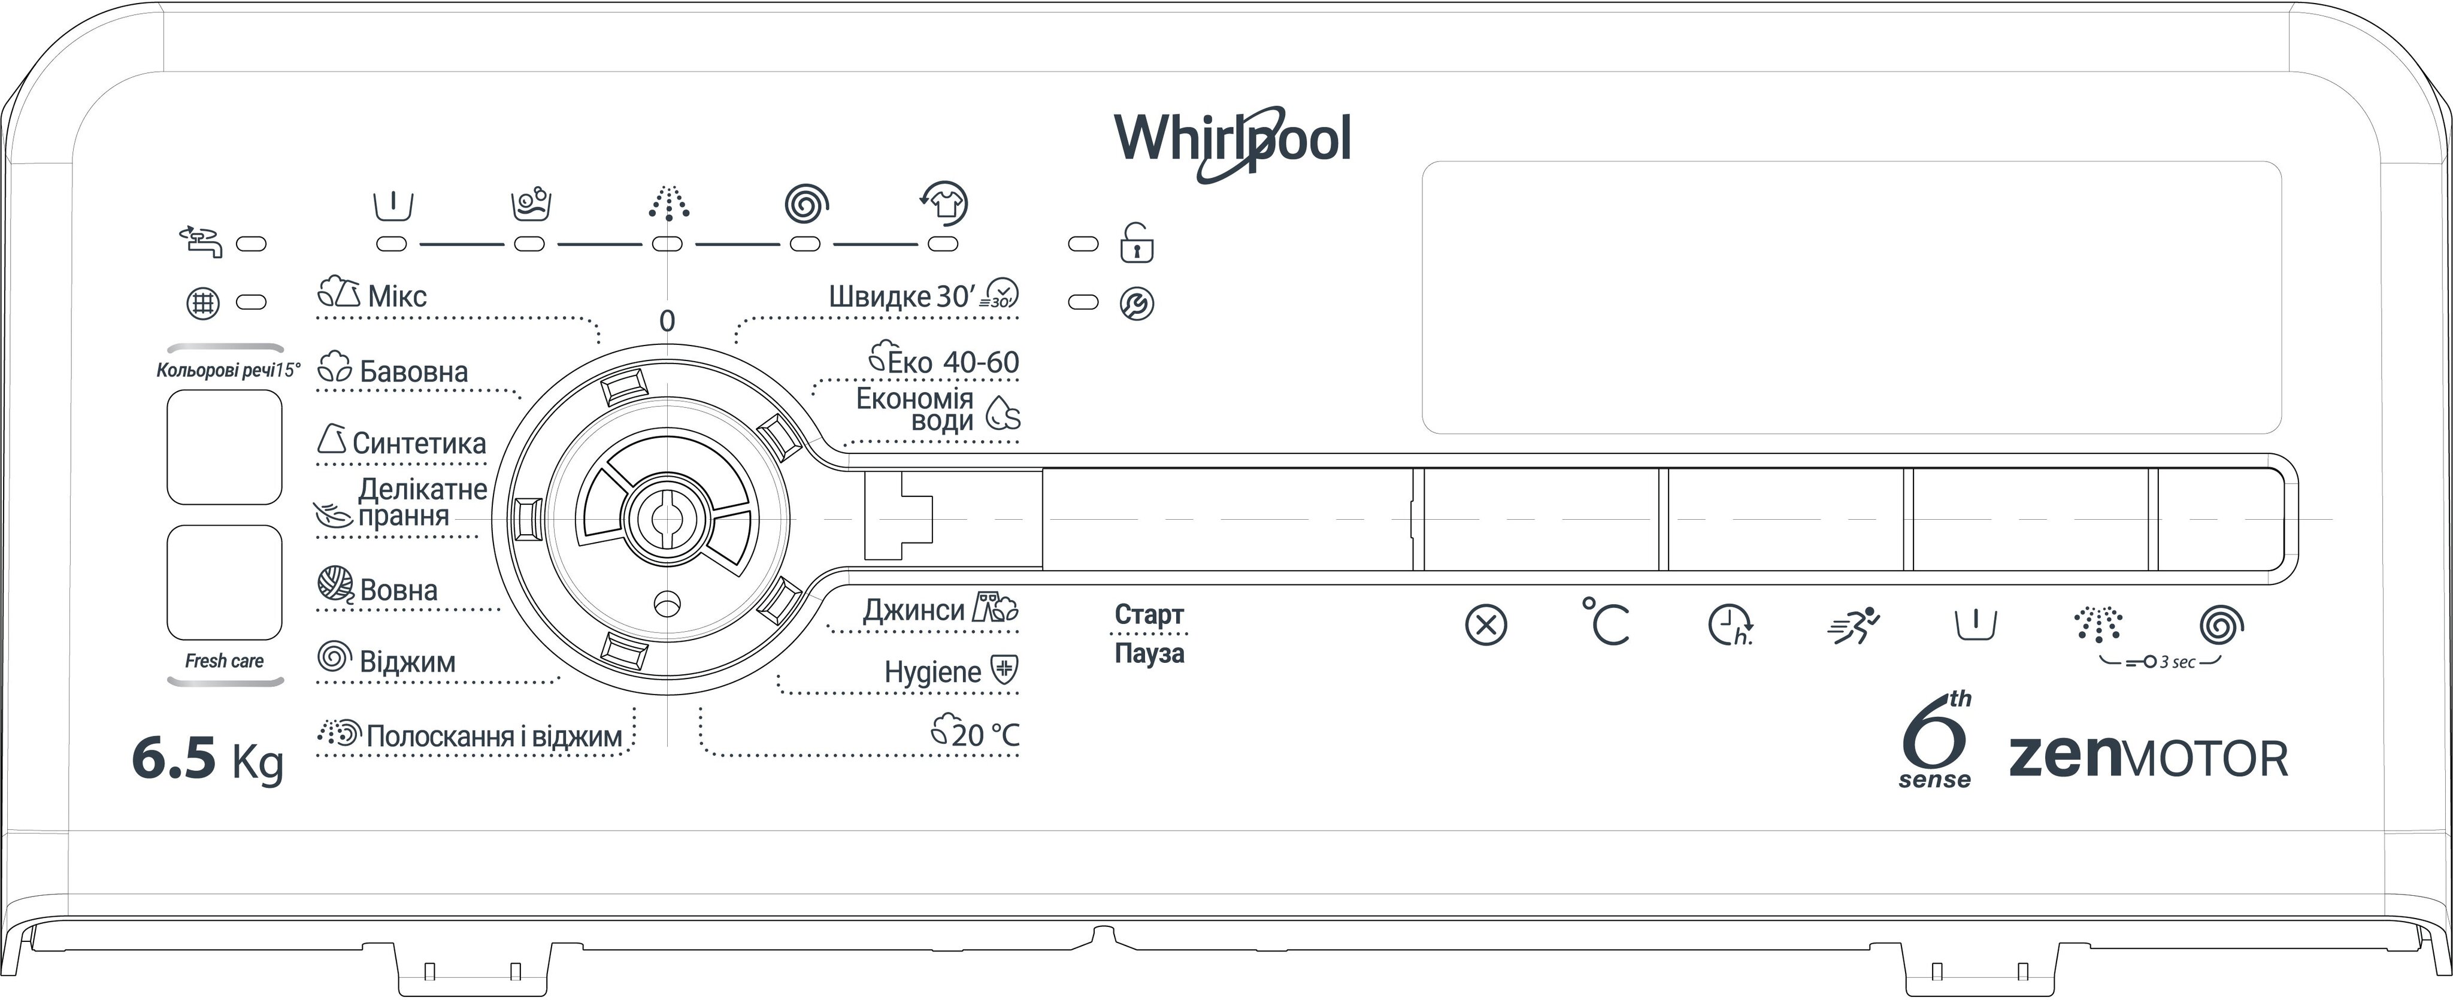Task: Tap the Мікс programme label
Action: coord(396,296)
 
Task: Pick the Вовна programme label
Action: coord(398,590)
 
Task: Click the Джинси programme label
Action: coord(913,610)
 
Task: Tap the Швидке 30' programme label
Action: coord(901,296)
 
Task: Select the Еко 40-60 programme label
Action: coord(952,362)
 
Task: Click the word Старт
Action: coord(1149,614)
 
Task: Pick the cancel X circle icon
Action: coord(1485,626)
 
